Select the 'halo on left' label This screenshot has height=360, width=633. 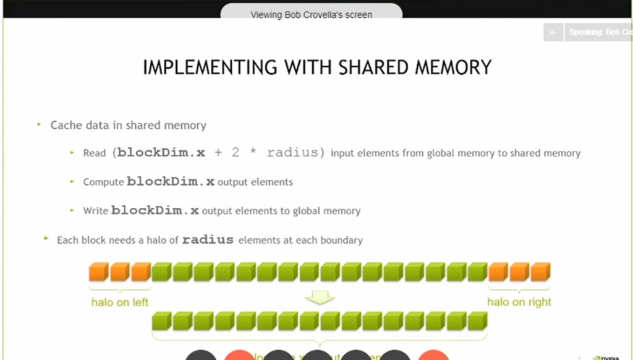[x=120, y=302]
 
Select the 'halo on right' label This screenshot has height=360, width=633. [x=519, y=302]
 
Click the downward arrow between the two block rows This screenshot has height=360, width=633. [x=320, y=298]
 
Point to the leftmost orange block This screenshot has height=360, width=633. [x=99, y=272]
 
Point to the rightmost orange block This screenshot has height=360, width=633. [x=540, y=272]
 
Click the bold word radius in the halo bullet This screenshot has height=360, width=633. [x=208, y=239]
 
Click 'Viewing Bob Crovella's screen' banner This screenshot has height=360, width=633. [x=311, y=14]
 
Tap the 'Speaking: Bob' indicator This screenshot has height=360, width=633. [x=598, y=32]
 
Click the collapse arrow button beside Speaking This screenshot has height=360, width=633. [x=553, y=32]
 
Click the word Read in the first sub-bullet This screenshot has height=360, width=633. [x=95, y=153]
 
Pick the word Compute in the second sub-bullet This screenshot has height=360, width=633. [x=103, y=182]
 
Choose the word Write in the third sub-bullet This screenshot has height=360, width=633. [x=96, y=211]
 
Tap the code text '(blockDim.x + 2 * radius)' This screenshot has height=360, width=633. [x=219, y=152]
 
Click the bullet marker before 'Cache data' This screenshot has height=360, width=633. [x=40, y=125]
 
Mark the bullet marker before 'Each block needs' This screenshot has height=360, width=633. [x=46, y=238]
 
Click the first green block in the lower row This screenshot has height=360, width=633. [x=161, y=320]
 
